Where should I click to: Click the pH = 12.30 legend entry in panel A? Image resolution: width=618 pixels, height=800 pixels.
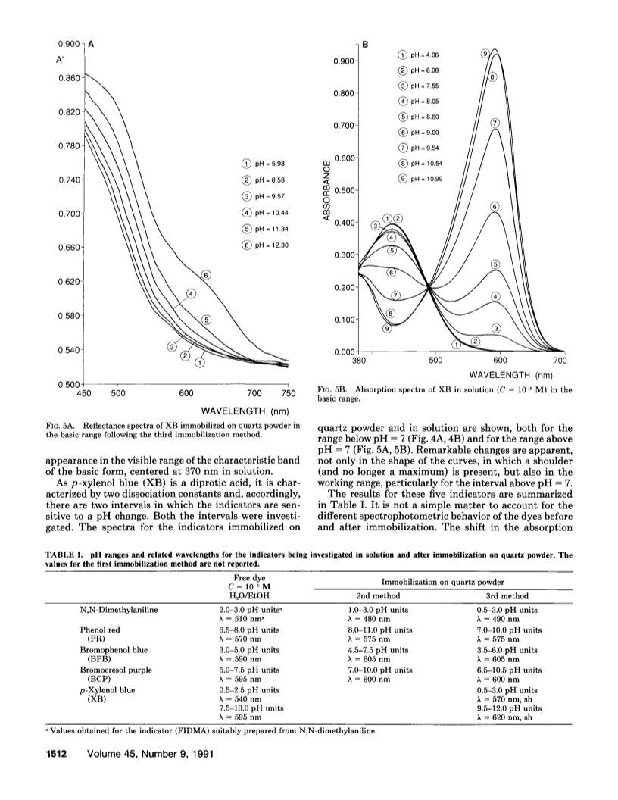[x=265, y=245]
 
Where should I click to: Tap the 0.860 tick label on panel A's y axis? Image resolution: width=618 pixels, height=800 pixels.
[x=69, y=78]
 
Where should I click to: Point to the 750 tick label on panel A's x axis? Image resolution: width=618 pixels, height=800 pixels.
[x=288, y=393]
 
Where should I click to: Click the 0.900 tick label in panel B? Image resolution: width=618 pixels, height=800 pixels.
[x=344, y=61]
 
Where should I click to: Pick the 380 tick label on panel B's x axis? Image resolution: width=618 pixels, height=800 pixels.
[x=359, y=361]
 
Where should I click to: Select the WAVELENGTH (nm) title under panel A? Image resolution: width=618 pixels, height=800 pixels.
[x=245, y=411]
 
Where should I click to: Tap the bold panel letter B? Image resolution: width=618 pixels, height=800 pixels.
[x=365, y=45]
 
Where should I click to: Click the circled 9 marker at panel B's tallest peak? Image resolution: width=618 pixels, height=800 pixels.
[x=486, y=53]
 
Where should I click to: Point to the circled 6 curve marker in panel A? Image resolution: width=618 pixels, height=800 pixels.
[x=207, y=275]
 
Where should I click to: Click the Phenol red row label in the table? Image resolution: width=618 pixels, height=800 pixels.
[x=100, y=630]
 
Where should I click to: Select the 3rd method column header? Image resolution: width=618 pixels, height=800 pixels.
[x=507, y=596]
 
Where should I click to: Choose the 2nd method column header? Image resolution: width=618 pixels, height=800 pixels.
[x=378, y=596]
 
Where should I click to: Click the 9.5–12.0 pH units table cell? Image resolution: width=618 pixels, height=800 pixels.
[x=507, y=708]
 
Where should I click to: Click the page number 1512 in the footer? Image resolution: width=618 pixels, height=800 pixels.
[x=58, y=754]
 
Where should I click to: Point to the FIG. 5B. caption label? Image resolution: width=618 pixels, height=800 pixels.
[x=333, y=390]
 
